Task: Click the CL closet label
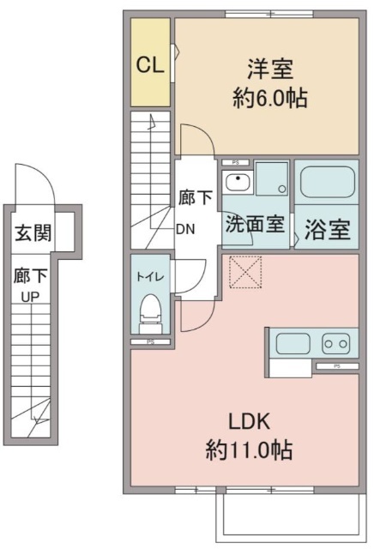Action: coord(150,65)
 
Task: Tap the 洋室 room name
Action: coord(270,69)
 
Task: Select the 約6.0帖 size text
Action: coord(270,98)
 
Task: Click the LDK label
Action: coord(249,421)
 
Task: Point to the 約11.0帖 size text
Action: coord(249,449)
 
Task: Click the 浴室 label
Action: coord(327,230)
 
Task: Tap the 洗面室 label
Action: coord(255,223)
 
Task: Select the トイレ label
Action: coord(150,277)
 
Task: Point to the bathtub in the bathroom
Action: coord(326,182)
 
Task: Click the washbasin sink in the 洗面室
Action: coord(238,182)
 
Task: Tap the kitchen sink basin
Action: coord(293,343)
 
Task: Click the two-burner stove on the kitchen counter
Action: coord(336,343)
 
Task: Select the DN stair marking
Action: coord(185,229)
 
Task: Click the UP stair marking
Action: coord(30,298)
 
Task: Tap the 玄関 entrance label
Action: coord(33,232)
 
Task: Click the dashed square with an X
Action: coord(245,272)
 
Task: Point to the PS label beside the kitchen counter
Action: coord(337,366)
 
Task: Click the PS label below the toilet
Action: coord(151,342)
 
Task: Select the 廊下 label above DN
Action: coord(196,198)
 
